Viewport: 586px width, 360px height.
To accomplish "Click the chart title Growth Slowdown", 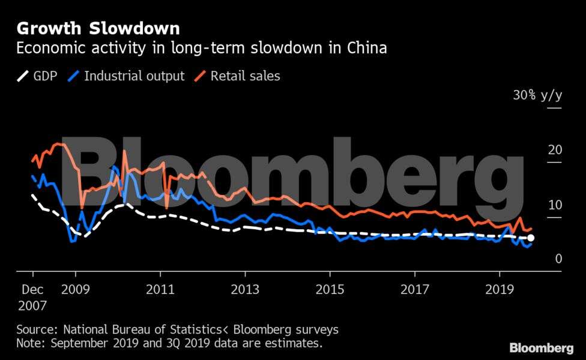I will tap(98, 28).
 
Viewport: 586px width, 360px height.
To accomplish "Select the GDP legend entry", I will tap(37, 76).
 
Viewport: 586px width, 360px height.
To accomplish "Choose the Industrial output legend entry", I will tap(127, 76).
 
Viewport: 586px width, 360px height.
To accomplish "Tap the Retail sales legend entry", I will tap(237, 76).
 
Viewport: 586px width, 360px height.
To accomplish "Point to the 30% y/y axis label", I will tap(537, 95).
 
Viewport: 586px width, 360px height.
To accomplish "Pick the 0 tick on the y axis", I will tap(558, 259).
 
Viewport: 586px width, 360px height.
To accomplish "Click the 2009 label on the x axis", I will tap(76, 289).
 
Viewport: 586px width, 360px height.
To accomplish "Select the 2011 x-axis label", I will tap(160, 289).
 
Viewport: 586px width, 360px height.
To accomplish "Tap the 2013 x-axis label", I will tap(245, 289).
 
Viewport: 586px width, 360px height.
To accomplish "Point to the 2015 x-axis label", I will tap(330, 289).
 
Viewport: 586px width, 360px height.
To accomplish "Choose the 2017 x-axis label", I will tap(414, 289).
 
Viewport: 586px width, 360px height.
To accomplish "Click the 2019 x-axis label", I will tap(500, 289).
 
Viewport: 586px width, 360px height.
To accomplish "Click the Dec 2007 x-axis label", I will tap(32, 297).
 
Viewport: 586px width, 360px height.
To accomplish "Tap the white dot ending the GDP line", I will tap(530, 238).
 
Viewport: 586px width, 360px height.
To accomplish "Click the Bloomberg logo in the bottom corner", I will tap(541, 348).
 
